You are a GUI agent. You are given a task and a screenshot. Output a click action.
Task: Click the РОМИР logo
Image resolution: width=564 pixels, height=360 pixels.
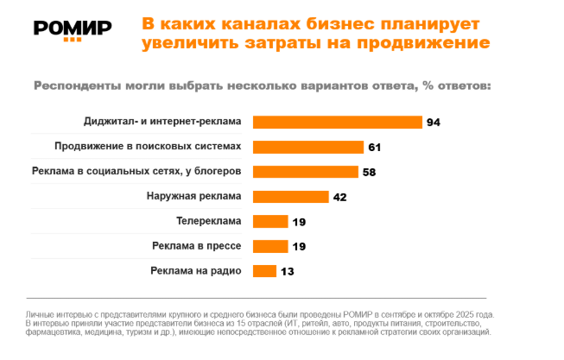click(72, 29)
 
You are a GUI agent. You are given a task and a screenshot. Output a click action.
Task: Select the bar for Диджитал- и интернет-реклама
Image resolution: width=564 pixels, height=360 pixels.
click(337, 122)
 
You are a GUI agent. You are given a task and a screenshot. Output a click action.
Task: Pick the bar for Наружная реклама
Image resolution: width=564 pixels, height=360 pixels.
click(291, 196)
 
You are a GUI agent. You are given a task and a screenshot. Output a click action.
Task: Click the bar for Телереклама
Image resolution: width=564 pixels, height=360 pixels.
click(270, 221)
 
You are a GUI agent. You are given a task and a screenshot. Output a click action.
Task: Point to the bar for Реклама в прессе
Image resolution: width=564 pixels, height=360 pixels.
click(270, 246)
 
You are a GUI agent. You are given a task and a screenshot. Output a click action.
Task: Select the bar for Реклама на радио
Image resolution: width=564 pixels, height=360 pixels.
click(264, 271)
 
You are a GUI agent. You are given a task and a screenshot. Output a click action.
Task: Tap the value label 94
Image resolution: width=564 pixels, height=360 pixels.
click(434, 123)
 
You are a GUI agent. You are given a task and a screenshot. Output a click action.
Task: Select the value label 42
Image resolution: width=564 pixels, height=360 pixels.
click(339, 197)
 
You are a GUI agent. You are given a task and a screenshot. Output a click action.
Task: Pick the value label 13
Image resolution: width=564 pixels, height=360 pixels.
click(287, 272)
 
